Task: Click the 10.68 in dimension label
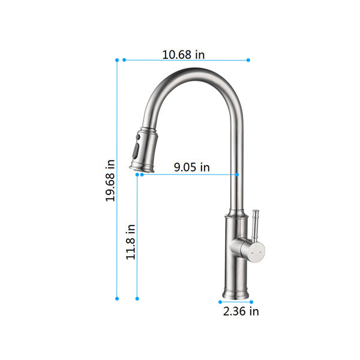(184, 55)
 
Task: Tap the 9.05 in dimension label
(192, 167)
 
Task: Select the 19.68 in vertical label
(110, 180)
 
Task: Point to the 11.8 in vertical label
(131, 241)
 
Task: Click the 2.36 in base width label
(241, 311)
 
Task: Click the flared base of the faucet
(235, 293)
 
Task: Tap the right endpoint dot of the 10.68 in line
(248, 60)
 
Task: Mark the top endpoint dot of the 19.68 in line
(117, 60)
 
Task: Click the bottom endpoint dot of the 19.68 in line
(117, 298)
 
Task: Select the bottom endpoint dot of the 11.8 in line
(137, 298)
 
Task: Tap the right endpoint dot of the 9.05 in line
(237, 175)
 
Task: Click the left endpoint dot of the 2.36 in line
(220, 302)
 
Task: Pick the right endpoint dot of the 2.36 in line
(251, 302)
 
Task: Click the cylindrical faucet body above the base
(235, 252)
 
